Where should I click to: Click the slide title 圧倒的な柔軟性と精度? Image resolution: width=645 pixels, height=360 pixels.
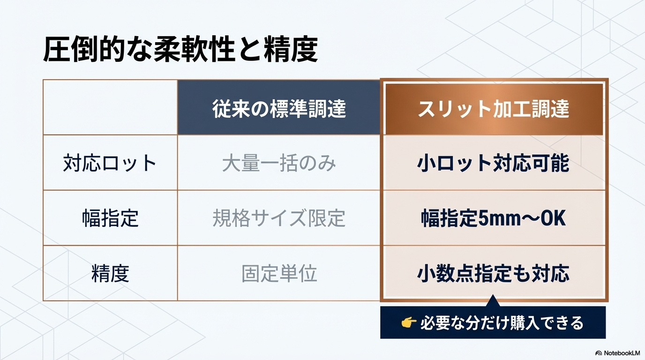[180, 49]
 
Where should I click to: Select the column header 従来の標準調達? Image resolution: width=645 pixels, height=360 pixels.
[279, 109]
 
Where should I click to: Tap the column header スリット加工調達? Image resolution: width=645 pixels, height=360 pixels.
[494, 109]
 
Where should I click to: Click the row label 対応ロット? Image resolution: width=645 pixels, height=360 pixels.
[110, 163]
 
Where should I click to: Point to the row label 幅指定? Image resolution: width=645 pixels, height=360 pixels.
[110, 218]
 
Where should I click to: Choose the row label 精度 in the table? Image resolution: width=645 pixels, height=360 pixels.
[110, 273]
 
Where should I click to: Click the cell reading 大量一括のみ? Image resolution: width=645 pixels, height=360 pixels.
[279, 163]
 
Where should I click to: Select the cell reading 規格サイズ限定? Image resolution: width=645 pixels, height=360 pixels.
[279, 218]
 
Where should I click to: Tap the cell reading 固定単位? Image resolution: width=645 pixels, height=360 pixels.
[279, 273]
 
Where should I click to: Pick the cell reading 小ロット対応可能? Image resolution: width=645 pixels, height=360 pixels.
[493, 163]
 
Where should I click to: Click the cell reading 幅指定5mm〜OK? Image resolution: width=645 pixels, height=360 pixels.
[493, 218]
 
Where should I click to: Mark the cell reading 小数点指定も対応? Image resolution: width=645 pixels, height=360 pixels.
[493, 273]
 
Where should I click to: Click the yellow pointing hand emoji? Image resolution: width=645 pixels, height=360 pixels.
[409, 322]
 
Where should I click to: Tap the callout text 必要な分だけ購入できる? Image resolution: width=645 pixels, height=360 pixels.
[502, 323]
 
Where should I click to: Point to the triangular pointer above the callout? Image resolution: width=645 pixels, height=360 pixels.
[493, 301]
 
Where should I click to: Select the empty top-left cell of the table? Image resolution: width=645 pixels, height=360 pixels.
[110, 107]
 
